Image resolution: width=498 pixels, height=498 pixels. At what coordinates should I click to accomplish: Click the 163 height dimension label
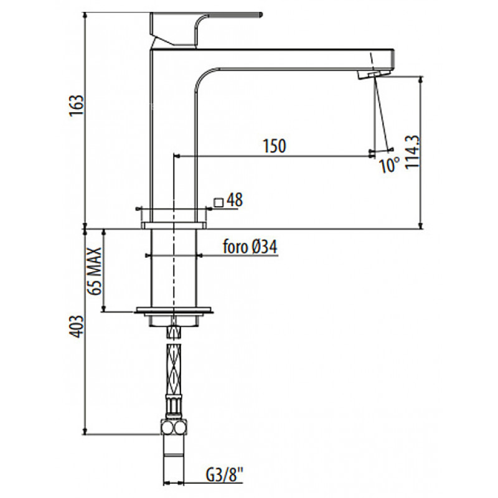click(x=77, y=105)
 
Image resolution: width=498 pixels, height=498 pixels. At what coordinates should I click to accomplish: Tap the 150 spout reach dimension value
click(x=275, y=146)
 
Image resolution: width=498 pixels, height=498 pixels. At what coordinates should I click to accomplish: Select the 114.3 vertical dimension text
click(x=412, y=152)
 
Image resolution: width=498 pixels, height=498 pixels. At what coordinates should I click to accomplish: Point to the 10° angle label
click(x=390, y=165)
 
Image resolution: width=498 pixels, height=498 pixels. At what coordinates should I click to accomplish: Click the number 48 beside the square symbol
click(x=235, y=200)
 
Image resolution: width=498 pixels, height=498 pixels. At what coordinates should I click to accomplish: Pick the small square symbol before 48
click(x=218, y=202)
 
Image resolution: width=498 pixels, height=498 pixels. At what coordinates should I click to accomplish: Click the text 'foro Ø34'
click(x=250, y=247)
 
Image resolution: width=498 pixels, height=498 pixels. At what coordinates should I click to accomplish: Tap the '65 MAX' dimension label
click(x=95, y=271)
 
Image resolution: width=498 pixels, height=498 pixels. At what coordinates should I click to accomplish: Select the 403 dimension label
click(x=77, y=326)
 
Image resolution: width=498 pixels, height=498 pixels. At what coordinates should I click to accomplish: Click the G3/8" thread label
click(x=225, y=475)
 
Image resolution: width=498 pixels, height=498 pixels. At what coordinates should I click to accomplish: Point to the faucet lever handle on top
click(x=205, y=29)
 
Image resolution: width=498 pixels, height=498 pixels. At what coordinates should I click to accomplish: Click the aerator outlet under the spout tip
click(x=374, y=75)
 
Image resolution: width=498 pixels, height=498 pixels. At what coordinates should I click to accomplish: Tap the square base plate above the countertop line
click(x=174, y=225)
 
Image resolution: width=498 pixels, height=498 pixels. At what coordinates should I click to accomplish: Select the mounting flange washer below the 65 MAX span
click(x=174, y=310)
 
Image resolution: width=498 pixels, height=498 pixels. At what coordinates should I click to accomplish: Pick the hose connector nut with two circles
click(x=174, y=428)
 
